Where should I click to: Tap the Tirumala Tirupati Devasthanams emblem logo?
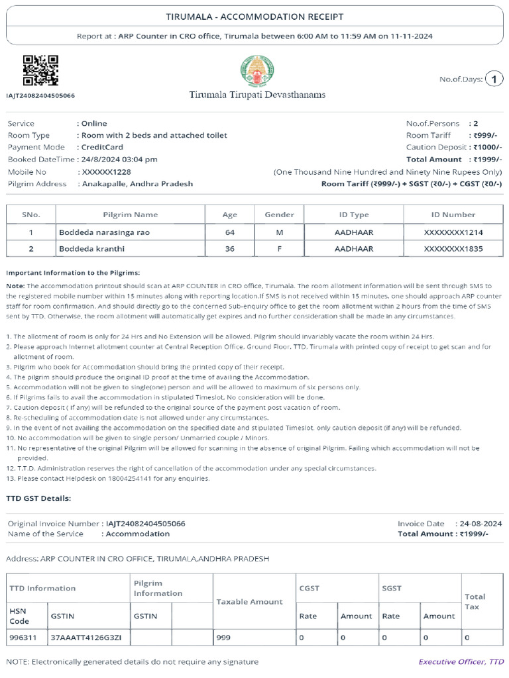[x=257, y=72]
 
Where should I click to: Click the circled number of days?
[x=494, y=79]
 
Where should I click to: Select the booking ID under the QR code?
[x=40, y=96]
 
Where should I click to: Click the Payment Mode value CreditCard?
[x=102, y=147]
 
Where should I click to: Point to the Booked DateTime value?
[x=119, y=159]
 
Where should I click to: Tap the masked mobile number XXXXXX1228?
[x=109, y=171]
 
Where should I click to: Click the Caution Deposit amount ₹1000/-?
[x=487, y=147]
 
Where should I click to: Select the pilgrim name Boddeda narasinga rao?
[x=101, y=232]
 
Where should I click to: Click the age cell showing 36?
[x=229, y=249]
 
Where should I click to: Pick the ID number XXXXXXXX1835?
[x=453, y=249]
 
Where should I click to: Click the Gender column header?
[x=279, y=215]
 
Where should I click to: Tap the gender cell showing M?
[x=279, y=232]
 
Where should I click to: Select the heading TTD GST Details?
[x=38, y=498]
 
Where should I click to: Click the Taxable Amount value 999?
[x=224, y=638]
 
